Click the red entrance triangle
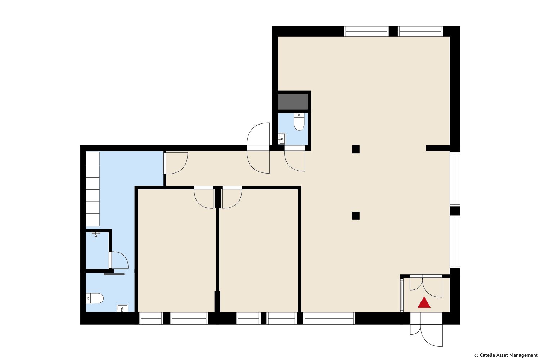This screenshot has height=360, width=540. point(424,303)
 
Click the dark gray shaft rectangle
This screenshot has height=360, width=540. point(293,102)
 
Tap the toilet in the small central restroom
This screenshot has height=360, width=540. point(299,122)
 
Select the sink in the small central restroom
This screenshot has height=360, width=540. point(281,139)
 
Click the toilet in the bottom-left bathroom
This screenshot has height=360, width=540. point(95,298)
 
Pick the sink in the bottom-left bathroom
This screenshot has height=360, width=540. point(122,309)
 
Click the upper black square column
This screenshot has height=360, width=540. point(356,149)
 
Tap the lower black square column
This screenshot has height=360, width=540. point(356,216)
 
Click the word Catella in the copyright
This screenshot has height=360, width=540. point(487,355)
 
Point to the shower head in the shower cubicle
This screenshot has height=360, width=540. point(96,234)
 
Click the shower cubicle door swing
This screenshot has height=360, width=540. point(119,260)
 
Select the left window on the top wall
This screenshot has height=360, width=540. point(366,31)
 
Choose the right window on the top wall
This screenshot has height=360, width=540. point(420,31)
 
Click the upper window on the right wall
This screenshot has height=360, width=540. point(455,179)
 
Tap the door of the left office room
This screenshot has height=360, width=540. point(204,197)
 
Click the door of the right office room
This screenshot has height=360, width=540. point(232,197)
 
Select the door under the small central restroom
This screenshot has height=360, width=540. point(295,158)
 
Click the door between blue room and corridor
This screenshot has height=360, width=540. point(176,163)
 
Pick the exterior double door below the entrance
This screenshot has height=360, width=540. point(427,330)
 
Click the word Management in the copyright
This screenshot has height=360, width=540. point(525,355)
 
